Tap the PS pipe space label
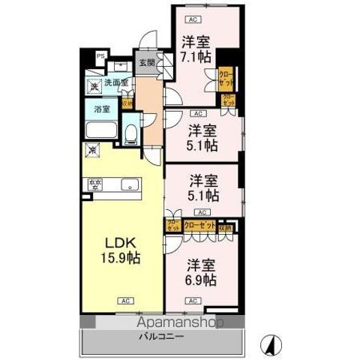pos(102,55)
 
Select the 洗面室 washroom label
pos(115,82)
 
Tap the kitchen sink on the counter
pos(127,183)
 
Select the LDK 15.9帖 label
pos(121,250)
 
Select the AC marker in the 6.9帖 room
pos(193,300)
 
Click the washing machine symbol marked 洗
pos(93,87)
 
